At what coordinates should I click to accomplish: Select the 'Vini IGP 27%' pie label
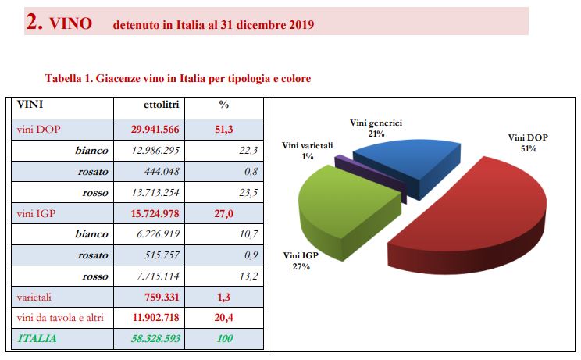[302, 261]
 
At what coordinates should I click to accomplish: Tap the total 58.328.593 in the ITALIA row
[156, 339]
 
